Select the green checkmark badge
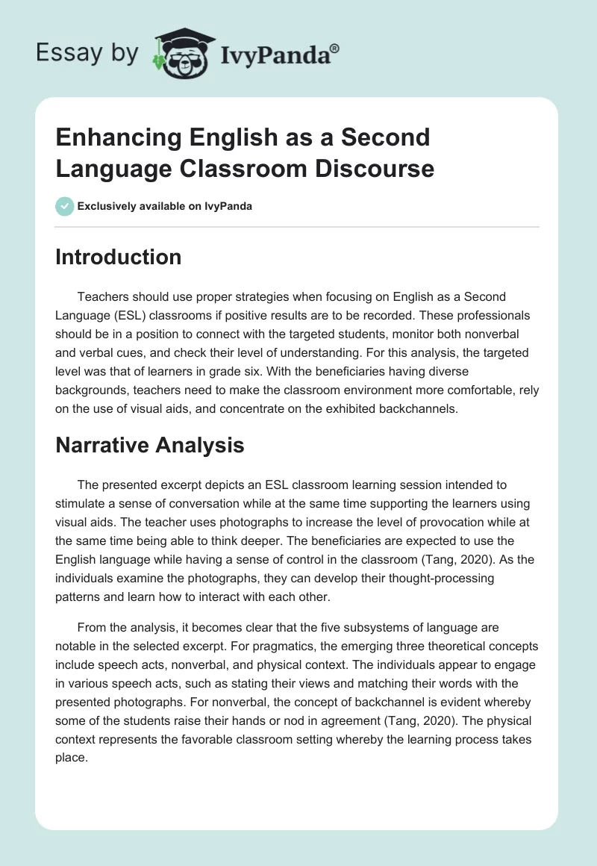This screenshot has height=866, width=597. [x=65, y=206]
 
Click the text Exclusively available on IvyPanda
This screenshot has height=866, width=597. [x=165, y=206]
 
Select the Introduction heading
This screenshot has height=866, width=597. [x=119, y=257]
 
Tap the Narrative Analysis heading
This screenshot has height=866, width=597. [x=150, y=446]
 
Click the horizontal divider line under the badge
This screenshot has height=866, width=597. [x=298, y=226]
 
